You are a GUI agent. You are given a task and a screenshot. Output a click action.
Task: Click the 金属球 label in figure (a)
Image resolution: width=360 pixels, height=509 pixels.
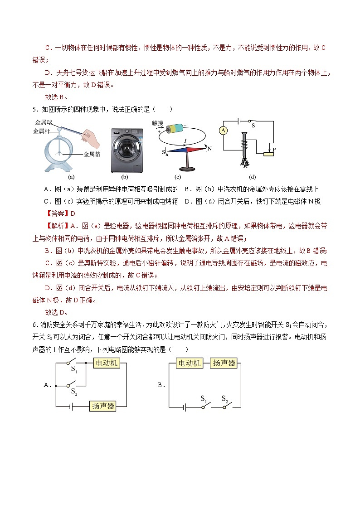click(x=43, y=123)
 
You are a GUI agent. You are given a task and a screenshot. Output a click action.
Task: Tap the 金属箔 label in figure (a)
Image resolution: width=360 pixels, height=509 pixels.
click(x=92, y=154)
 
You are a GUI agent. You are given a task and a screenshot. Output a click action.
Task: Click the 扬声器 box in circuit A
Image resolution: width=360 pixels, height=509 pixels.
click(x=102, y=406)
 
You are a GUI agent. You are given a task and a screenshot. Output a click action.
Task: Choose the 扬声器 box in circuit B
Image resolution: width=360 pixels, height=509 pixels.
click(x=223, y=363)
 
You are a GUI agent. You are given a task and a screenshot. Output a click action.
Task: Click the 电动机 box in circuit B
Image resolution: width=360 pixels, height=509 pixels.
click(x=190, y=363)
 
